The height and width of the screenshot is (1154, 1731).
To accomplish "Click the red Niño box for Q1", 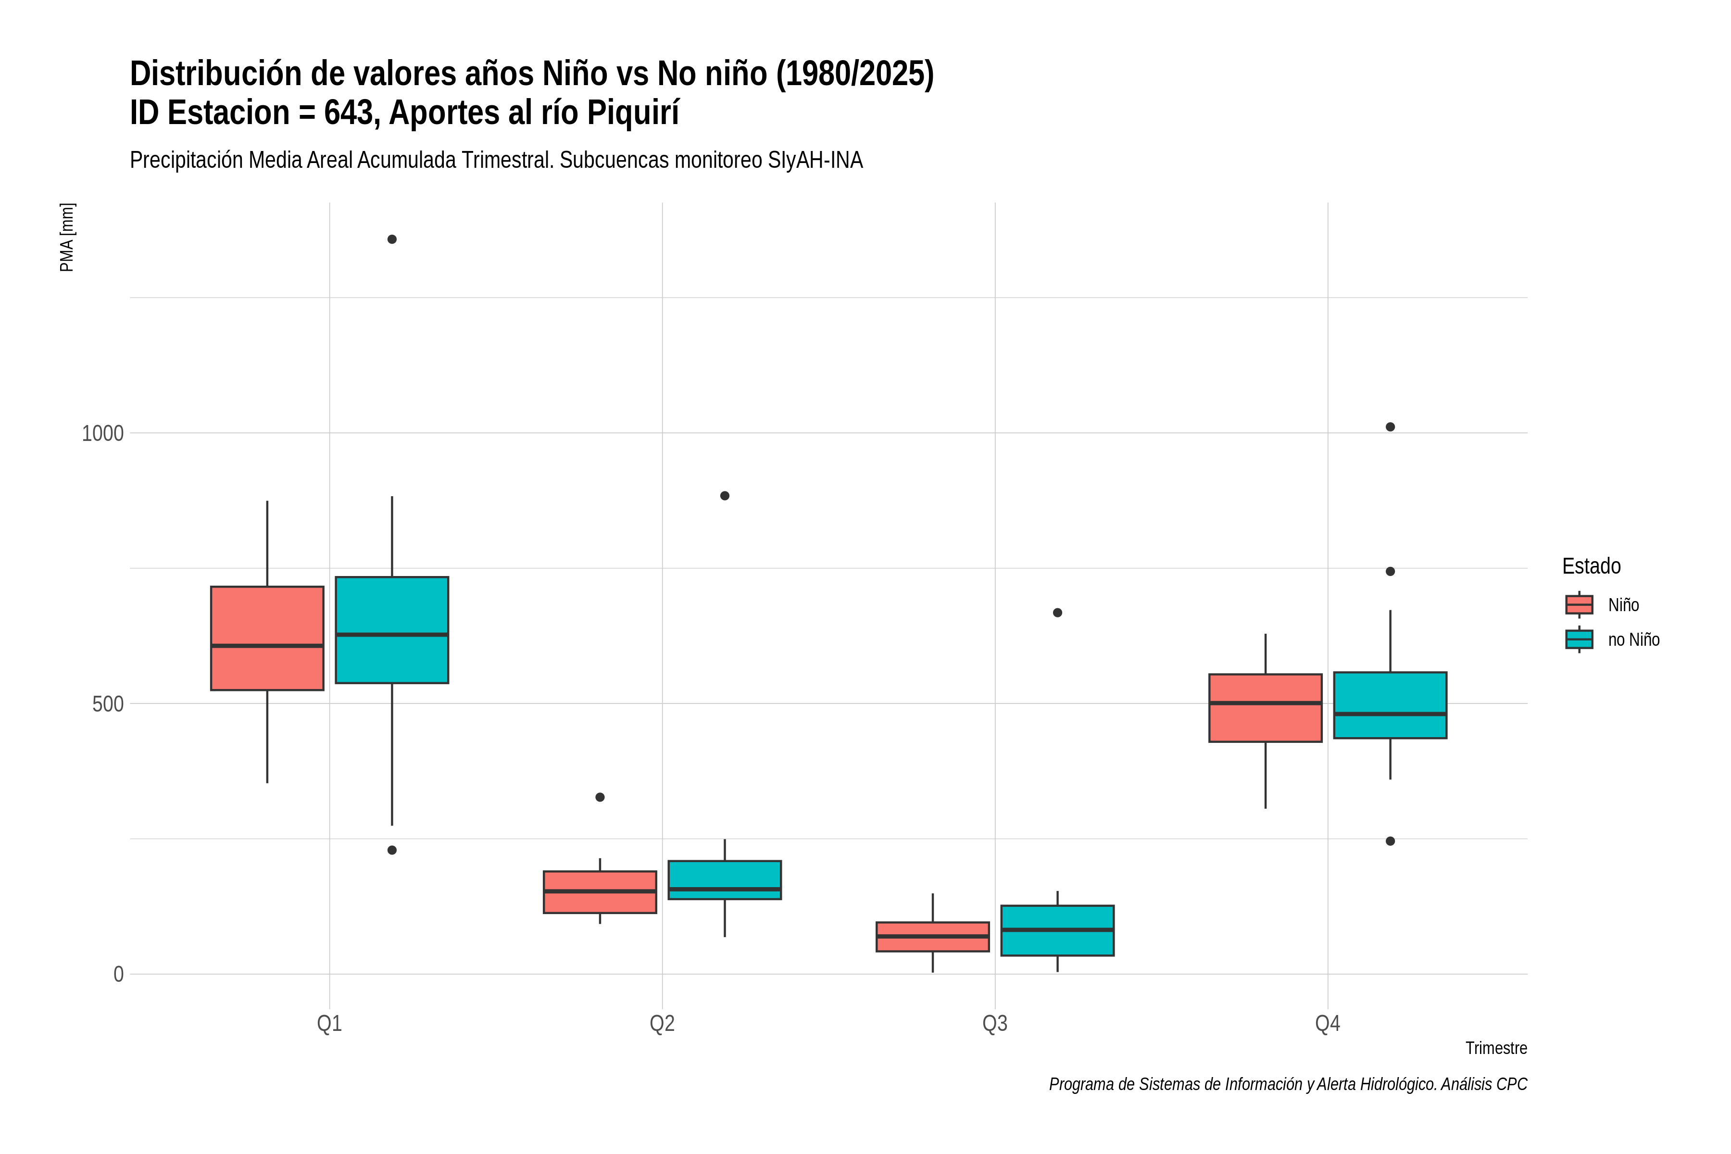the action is point(267,638).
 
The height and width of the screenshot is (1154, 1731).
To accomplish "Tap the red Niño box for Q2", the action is point(600,892).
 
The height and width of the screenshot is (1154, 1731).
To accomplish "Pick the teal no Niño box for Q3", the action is point(1057,930).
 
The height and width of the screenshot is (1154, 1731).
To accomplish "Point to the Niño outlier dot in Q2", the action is point(600,797).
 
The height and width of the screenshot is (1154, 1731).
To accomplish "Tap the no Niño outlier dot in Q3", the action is point(1057,612).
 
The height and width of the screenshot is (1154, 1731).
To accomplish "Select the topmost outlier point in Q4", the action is point(1390,427).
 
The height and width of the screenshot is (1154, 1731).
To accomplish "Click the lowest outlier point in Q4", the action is point(1390,841).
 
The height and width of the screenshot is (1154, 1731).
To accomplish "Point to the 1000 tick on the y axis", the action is point(102,433).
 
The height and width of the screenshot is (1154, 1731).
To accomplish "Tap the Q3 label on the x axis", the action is point(995,1023).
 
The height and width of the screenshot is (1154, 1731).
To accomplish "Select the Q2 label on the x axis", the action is point(663,1023).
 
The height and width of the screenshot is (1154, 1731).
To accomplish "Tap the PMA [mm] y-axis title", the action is point(67,237).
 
